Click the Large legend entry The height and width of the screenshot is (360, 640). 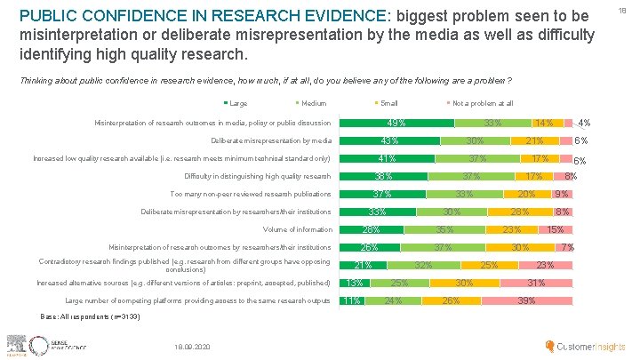(237, 104)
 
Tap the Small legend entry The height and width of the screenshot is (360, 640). (387, 104)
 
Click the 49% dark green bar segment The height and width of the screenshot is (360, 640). (390, 123)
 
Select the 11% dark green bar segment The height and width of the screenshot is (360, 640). (352, 300)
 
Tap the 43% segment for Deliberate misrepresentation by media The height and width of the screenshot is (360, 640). (388, 140)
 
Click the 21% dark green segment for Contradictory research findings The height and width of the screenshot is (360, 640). (363, 265)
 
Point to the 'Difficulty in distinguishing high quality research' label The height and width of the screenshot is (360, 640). (259, 176)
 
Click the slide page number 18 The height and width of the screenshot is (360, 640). (632, 7)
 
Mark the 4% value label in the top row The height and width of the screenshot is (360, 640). (583, 123)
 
